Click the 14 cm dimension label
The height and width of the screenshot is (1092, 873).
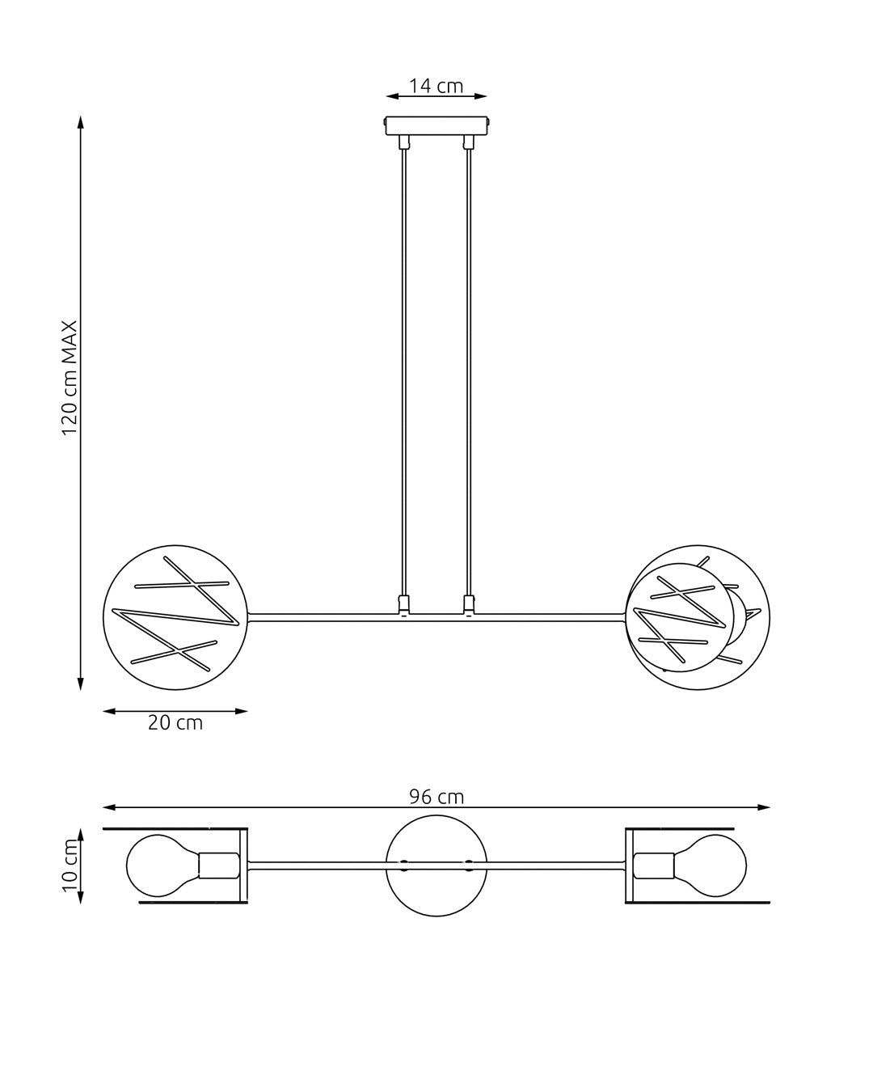(436, 86)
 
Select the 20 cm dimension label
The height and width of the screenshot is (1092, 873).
(175, 722)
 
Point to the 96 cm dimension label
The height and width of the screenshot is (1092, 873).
(436, 797)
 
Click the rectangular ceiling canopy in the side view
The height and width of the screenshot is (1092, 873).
(436, 127)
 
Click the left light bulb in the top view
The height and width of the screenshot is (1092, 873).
(162, 866)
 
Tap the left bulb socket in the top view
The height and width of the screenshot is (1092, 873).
(218, 866)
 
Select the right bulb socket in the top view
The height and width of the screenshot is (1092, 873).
(654, 866)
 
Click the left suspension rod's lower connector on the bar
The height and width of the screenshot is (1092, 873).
(404, 604)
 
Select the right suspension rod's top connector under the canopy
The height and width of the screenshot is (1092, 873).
(467, 143)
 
